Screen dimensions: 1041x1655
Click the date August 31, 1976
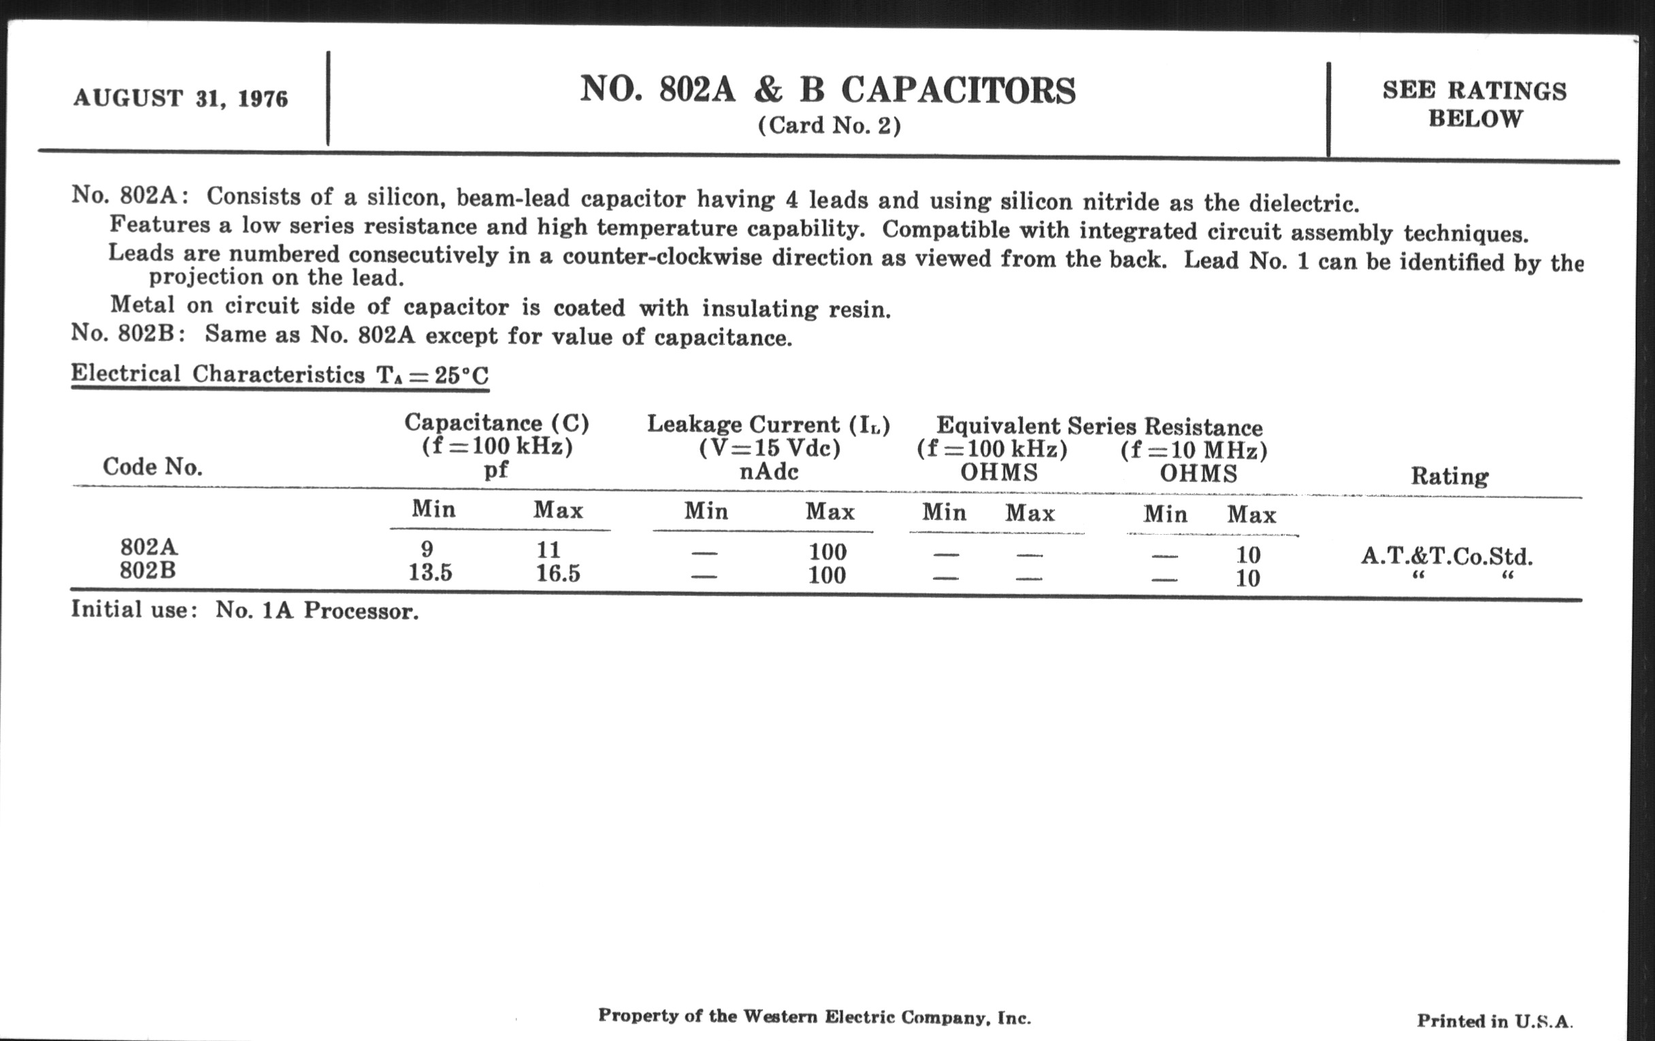(181, 99)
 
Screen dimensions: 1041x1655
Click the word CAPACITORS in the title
(958, 90)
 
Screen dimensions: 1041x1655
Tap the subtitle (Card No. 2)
(829, 126)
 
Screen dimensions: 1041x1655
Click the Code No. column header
(152, 467)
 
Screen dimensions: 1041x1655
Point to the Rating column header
(1449, 476)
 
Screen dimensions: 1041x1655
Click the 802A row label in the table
(148, 548)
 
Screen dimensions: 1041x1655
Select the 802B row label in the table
(148, 570)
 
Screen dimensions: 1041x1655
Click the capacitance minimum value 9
(427, 550)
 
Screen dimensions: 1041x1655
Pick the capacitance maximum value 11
(548, 550)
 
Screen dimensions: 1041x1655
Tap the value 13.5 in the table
(430, 572)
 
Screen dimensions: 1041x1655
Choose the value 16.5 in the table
(558, 573)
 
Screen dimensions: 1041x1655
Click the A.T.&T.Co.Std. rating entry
(1446, 556)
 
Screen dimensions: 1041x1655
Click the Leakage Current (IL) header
(768, 425)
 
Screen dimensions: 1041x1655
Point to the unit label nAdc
(768, 472)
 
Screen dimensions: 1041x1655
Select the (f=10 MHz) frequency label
(1194, 450)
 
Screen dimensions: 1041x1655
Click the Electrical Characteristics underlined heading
(280, 375)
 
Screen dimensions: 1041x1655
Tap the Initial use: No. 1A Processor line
(245, 610)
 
